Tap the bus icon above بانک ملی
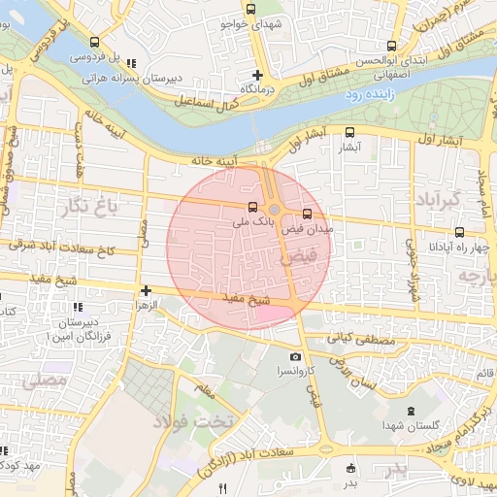pos(253,207)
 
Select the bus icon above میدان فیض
pos(308,214)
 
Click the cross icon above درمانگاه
pos(257,75)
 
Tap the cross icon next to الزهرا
pos(146,290)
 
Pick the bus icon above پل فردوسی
pos(94,43)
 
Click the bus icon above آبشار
pos(349,133)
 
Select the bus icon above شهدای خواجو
pos(251,9)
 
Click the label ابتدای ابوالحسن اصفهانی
pos(392,66)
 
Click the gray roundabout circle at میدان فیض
pos(275,210)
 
